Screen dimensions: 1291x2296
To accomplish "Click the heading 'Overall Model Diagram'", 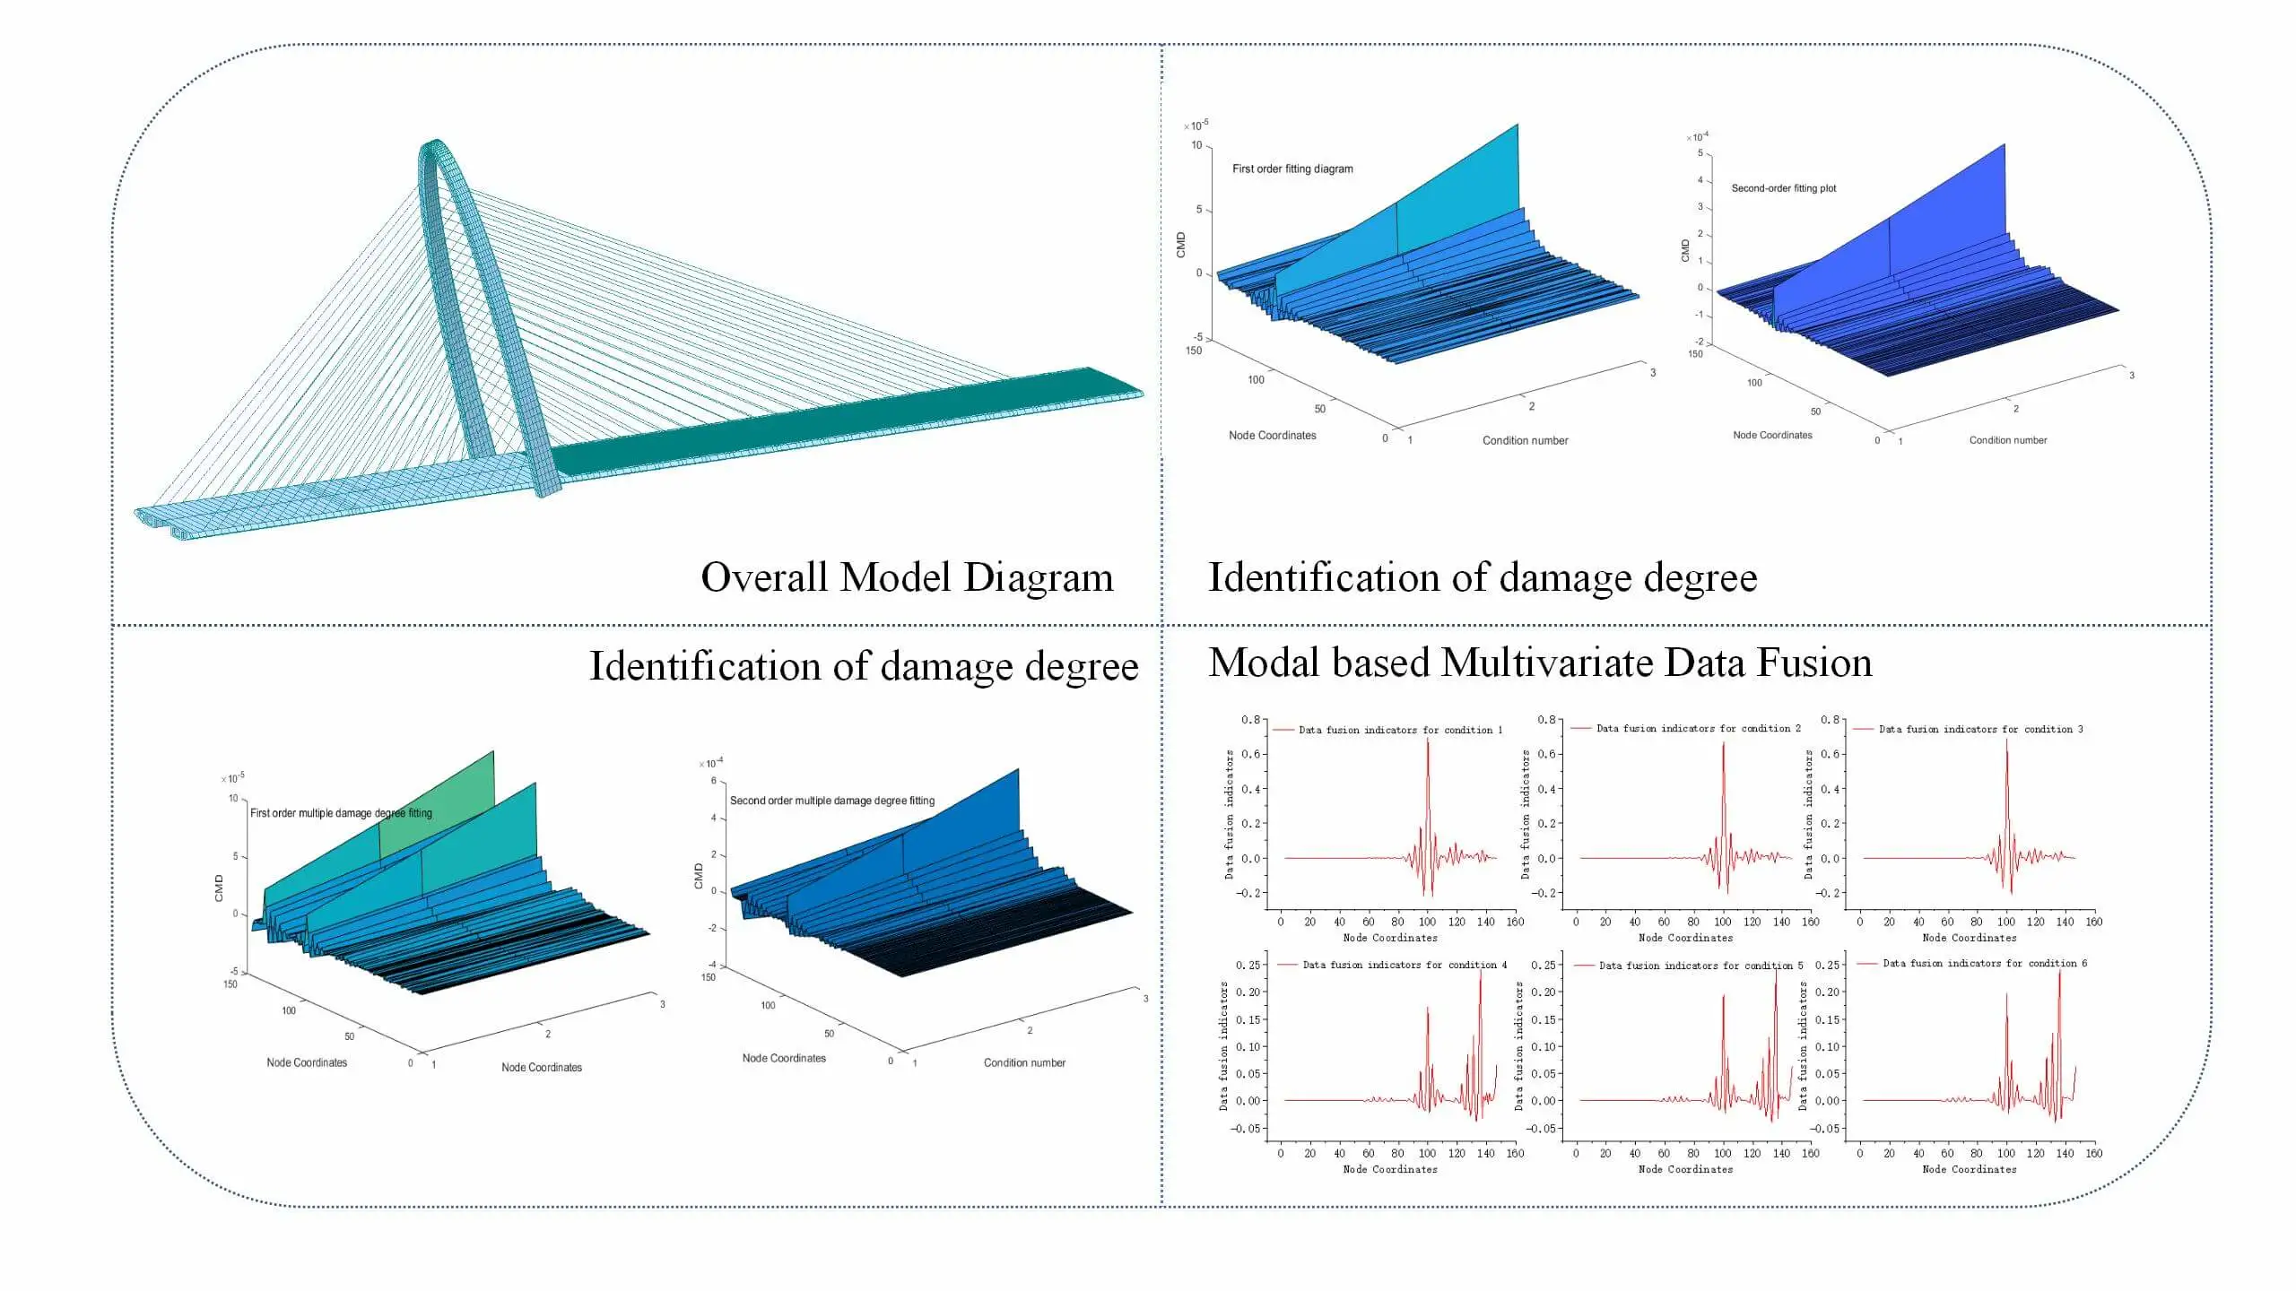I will click(x=907, y=577).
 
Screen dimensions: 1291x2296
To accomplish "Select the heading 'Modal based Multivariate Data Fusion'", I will click(x=1540, y=663).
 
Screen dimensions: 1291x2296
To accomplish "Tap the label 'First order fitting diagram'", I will click(x=1292, y=169).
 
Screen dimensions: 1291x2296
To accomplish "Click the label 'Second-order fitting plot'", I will click(x=1783, y=188).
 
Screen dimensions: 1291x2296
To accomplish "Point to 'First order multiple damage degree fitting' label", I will click(x=341, y=813).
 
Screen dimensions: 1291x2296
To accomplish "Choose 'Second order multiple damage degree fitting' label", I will click(x=831, y=801).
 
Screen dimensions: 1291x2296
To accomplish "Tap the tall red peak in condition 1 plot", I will click(x=1427, y=742).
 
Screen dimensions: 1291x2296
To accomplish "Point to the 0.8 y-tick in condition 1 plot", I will click(x=1250, y=720).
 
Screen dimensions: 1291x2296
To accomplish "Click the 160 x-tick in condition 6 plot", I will click(x=2093, y=1153).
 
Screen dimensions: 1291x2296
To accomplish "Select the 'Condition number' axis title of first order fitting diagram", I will click(x=1525, y=440).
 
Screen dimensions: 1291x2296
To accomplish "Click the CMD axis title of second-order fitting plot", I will click(x=1685, y=251).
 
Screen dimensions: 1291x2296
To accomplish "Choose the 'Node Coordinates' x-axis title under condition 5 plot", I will click(x=1685, y=1169).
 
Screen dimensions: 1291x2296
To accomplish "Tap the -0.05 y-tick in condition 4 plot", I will click(x=1246, y=1129).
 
